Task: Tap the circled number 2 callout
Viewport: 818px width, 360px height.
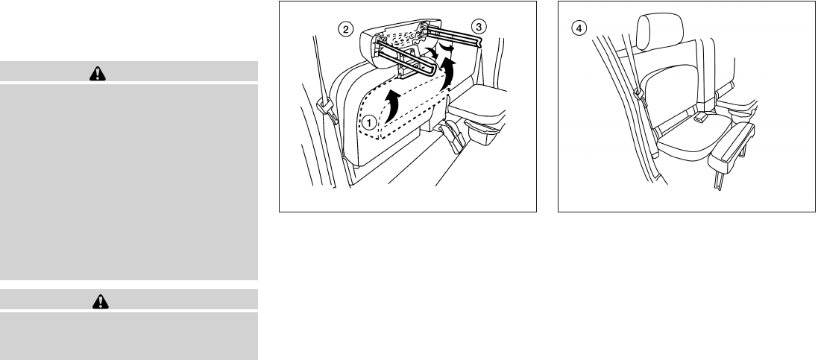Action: [x=344, y=29]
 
